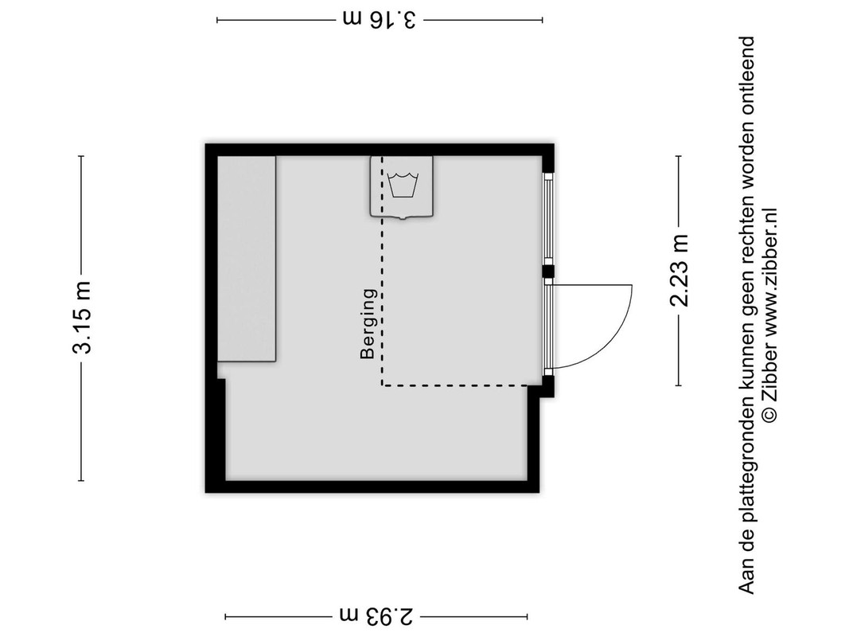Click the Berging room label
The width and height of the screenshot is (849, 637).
click(368, 324)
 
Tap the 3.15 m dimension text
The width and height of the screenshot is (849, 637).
click(82, 318)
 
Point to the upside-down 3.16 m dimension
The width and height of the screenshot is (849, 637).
click(380, 19)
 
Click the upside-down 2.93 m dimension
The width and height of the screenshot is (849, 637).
click(377, 616)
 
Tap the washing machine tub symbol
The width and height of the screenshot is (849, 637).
click(403, 186)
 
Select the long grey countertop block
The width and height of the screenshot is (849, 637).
click(247, 259)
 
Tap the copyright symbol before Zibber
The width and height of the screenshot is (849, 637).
click(769, 415)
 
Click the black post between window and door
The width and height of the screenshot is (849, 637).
click(548, 272)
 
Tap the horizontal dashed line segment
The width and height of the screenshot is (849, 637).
click(455, 385)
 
